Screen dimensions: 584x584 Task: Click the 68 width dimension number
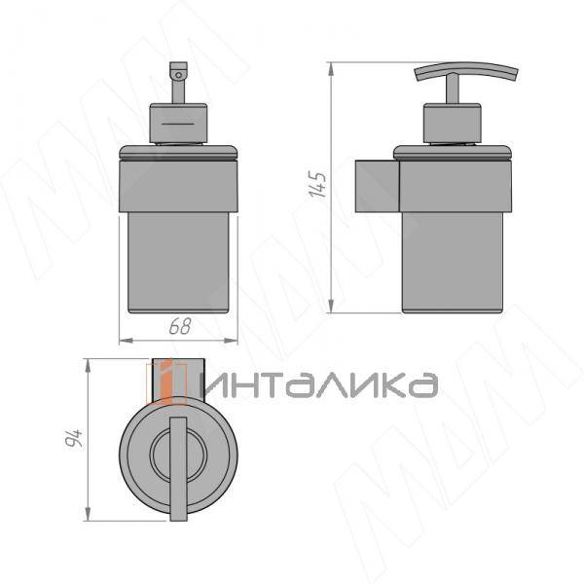(x=180, y=326)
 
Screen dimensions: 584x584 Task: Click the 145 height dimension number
(x=317, y=184)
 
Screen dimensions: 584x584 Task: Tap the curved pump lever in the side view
(x=466, y=71)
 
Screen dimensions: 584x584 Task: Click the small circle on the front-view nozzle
(x=179, y=75)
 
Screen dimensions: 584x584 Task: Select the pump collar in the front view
(x=178, y=124)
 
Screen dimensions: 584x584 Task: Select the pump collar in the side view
(x=453, y=124)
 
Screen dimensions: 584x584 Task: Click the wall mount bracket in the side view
(x=378, y=186)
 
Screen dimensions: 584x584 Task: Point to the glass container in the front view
(x=178, y=263)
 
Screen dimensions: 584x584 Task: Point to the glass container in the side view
(x=453, y=263)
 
